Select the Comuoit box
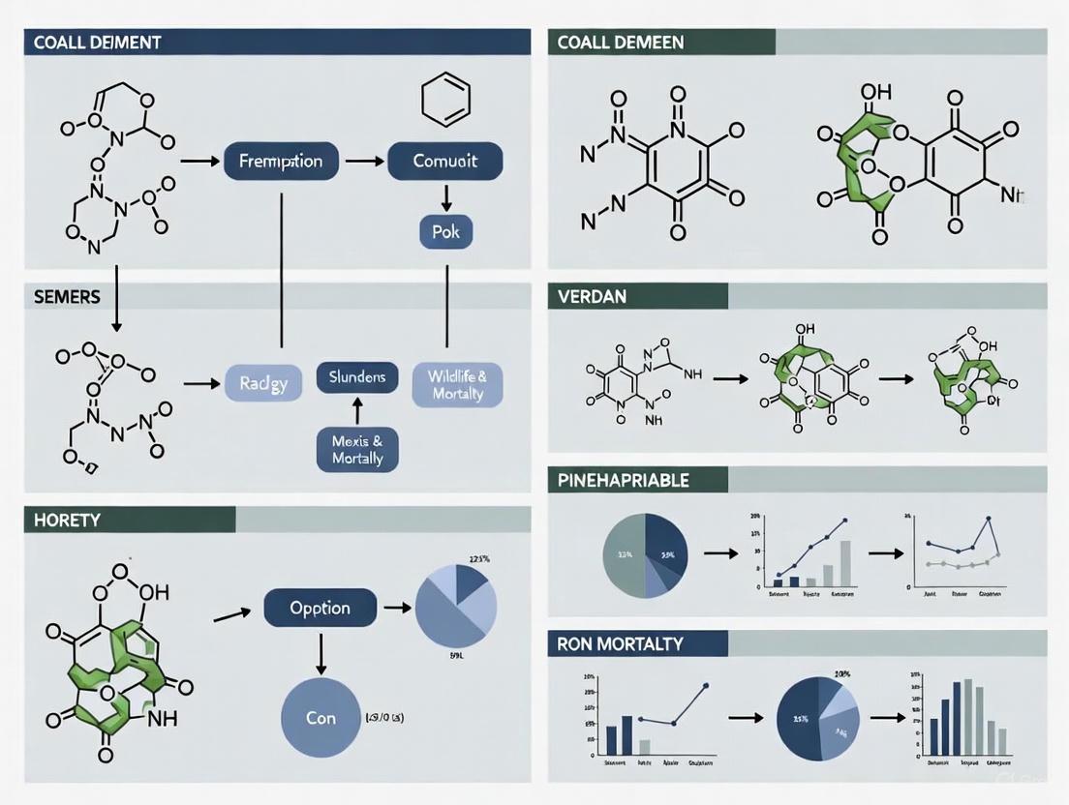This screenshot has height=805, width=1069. click(x=445, y=161)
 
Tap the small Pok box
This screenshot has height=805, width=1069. click(x=445, y=231)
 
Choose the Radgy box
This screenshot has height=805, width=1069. click(x=263, y=383)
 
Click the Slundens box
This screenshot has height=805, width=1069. click(x=357, y=377)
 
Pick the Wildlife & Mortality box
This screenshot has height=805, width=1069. click(x=457, y=382)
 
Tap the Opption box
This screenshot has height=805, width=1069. click(x=320, y=609)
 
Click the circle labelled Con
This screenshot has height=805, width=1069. click(x=321, y=718)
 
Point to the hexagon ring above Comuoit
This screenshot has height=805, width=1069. click(x=446, y=100)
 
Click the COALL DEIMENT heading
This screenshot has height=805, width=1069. click(x=97, y=43)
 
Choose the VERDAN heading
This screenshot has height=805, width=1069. click(x=594, y=297)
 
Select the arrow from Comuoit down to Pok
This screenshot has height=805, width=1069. click(x=445, y=197)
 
